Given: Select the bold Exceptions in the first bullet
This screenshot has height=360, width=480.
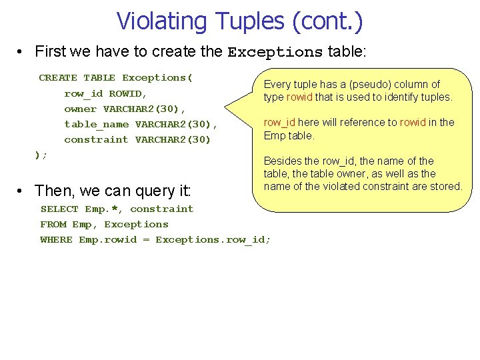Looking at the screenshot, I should point(275,52).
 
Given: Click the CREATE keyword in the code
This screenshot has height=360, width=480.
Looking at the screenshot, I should point(58,78).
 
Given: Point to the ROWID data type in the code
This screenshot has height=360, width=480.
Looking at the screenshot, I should point(127,93).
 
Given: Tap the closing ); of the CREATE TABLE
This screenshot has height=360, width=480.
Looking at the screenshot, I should point(41,155).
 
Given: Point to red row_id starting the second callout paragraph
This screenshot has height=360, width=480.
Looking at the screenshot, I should point(279,122).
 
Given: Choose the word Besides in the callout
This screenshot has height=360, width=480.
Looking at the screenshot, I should point(281,161).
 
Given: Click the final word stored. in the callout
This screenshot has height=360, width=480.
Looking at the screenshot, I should point(447,186).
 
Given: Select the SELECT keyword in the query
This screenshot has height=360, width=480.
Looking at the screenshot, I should point(59,209).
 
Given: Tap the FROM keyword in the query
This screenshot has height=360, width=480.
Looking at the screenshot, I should point(53,224).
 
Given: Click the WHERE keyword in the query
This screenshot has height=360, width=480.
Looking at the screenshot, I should point(56,239).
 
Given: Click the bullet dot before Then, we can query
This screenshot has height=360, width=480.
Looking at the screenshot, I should point(23,191).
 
